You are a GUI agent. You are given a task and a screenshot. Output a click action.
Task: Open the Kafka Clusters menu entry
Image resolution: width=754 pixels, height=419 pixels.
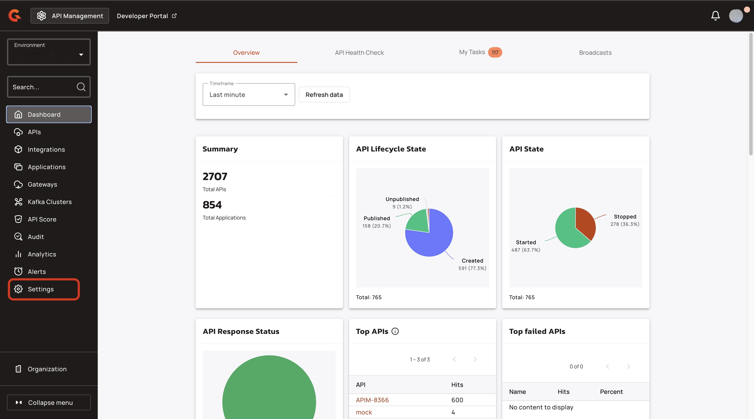pyautogui.click(x=50, y=202)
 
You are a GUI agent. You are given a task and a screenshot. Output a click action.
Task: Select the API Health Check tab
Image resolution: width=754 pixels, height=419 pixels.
pyautogui.click(x=359, y=53)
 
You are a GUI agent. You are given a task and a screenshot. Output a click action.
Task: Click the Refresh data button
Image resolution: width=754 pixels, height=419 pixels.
pyautogui.click(x=324, y=94)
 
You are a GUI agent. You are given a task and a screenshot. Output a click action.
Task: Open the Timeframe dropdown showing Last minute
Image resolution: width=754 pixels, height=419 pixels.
pyautogui.click(x=248, y=94)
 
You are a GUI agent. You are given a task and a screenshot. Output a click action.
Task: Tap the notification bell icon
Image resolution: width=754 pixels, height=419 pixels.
pyautogui.click(x=715, y=16)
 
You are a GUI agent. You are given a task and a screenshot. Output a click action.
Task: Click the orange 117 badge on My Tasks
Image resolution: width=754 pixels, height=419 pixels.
pyautogui.click(x=495, y=52)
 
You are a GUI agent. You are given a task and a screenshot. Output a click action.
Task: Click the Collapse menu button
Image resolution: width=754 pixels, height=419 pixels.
pyautogui.click(x=49, y=402)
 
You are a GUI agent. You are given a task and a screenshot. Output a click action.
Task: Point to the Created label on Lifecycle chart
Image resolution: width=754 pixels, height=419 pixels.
pyautogui.click(x=472, y=261)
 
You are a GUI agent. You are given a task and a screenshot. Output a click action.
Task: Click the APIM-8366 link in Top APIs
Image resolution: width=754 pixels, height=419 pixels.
pyautogui.click(x=372, y=400)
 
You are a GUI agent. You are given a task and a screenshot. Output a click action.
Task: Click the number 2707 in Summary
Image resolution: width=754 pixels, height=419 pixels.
pyautogui.click(x=215, y=176)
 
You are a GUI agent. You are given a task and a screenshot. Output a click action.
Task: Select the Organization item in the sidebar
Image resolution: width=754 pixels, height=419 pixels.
pyautogui.click(x=47, y=369)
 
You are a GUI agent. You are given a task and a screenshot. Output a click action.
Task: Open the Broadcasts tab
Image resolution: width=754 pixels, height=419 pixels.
pyautogui.click(x=595, y=53)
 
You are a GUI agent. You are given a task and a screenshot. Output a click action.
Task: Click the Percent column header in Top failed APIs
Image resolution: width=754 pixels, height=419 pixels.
pyautogui.click(x=611, y=392)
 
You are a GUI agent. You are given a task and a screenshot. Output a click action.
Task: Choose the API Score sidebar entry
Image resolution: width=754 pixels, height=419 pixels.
pyautogui.click(x=42, y=219)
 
